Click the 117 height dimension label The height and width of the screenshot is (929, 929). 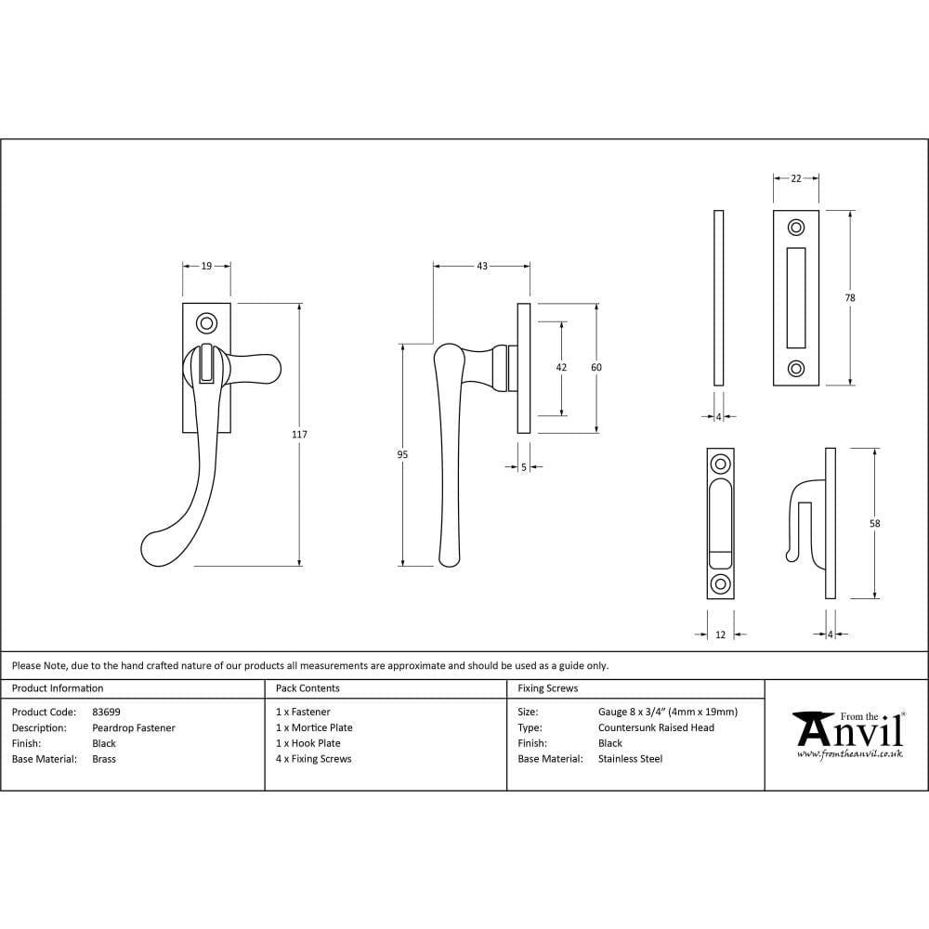click(299, 435)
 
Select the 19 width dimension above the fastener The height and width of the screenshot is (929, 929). click(206, 266)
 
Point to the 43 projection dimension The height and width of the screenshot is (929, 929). click(481, 266)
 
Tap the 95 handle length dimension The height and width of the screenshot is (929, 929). click(402, 454)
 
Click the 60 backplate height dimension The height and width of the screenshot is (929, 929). click(596, 368)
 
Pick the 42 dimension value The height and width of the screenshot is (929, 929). click(561, 368)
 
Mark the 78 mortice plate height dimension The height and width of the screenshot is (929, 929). click(850, 298)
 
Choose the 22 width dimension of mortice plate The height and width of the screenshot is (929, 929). click(796, 178)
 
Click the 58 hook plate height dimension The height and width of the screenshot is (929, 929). click(874, 523)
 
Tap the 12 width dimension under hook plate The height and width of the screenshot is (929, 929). click(720, 635)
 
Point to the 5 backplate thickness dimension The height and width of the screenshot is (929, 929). click(524, 467)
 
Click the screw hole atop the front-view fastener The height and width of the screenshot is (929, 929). click(206, 322)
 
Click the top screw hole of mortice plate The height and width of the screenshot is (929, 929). click(796, 228)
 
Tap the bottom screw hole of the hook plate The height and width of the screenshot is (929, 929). click(720, 583)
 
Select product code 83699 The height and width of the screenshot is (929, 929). click(106, 712)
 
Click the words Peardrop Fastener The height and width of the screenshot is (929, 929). click(133, 727)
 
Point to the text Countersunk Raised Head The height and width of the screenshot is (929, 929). click(656, 727)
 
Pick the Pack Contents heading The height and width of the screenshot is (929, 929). click(307, 688)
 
